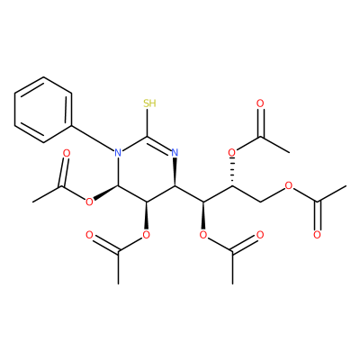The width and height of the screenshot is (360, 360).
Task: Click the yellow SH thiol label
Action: pyautogui.click(x=149, y=103)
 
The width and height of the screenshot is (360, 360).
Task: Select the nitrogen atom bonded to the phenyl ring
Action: pyautogui.click(x=118, y=153)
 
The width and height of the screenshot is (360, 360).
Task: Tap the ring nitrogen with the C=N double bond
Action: pyautogui.click(x=175, y=153)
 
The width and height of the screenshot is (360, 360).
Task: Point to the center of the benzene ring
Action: pyautogui.click(x=43, y=110)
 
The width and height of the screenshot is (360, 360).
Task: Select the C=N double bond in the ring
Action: pyautogui.click(x=159, y=144)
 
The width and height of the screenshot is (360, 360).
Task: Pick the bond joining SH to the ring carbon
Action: pyautogui.click(x=147, y=122)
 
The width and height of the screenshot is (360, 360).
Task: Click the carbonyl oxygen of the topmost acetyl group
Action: pyautogui.click(x=260, y=103)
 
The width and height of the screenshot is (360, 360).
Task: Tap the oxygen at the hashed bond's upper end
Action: pyautogui.click(x=232, y=153)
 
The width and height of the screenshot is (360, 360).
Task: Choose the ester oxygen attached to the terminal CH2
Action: pyautogui.click(x=289, y=185)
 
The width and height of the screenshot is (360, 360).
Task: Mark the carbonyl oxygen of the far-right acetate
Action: pyautogui.click(x=318, y=234)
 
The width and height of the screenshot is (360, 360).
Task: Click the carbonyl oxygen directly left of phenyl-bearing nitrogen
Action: pyautogui.click(x=67, y=153)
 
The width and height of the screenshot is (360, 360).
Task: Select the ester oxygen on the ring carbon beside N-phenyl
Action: pyautogui.click(x=89, y=202)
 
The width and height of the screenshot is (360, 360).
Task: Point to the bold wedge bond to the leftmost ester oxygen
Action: pyautogui.click(x=106, y=193)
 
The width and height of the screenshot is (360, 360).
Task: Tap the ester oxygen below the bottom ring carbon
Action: pyautogui.click(x=147, y=234)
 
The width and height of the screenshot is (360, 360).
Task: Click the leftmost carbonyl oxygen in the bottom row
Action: pyautogui.click(x=89, y=234)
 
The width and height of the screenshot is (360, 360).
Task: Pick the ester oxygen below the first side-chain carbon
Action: pyautogui.click(x=203, y=234)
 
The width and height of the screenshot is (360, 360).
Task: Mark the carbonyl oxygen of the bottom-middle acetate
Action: pyautogui.click(x=260, y=234)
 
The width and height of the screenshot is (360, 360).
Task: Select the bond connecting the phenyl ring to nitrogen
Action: pyautogui.click(x=93, y=138)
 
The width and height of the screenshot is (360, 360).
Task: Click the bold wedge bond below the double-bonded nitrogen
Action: pyautogui.click(x=175, y=173)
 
